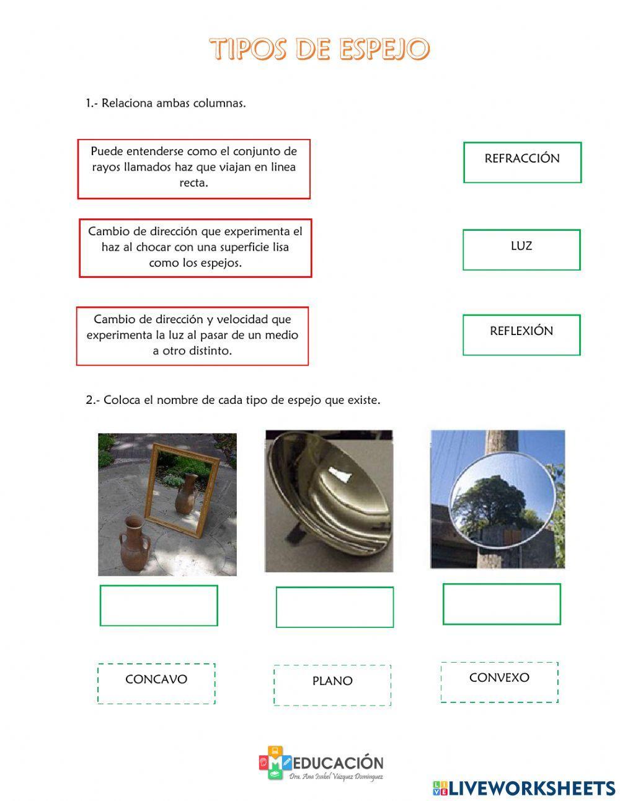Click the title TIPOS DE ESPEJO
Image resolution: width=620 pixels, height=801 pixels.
pyautogui.click(x=319, y=49)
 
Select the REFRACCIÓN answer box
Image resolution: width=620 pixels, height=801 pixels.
pyautogui.click(x=522, y=163)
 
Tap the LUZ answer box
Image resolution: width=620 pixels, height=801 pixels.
pyautogui.click(x=521, y=250)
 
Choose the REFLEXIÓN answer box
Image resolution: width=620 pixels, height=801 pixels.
pyautogui.click(x=521, y=335)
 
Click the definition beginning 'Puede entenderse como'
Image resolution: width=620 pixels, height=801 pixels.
pyautogui.click(x=193, y=169)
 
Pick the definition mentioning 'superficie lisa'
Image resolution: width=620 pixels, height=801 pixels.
pyautogui.click(x=195, y=248)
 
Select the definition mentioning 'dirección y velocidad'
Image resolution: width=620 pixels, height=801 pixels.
pyautogui.click(x=192, y=336)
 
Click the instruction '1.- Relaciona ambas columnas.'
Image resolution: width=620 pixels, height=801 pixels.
pyautogui.click(x=166, y=103)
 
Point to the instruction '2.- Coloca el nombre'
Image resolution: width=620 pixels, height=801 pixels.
pyautogui.click(x=232, y=400)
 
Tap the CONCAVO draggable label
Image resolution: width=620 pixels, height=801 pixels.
pyautogui.click(x=156, y=683)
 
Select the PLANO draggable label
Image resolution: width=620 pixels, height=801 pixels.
pyautogui.click(x=332, y=685)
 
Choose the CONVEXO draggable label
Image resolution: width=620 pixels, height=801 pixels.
pyautogui.click(x=499, y=681)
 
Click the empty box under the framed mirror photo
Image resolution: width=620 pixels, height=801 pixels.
pyautogui.click(x=159, y=606)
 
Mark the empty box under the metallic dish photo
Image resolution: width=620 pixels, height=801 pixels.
pyautogui.click(x=334, y=607)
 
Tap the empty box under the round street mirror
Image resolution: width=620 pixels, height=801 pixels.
pyautogui.click(x=502, y=604)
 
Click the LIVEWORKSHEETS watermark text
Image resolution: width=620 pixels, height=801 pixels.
pyautogui.click(x=532, y=788)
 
